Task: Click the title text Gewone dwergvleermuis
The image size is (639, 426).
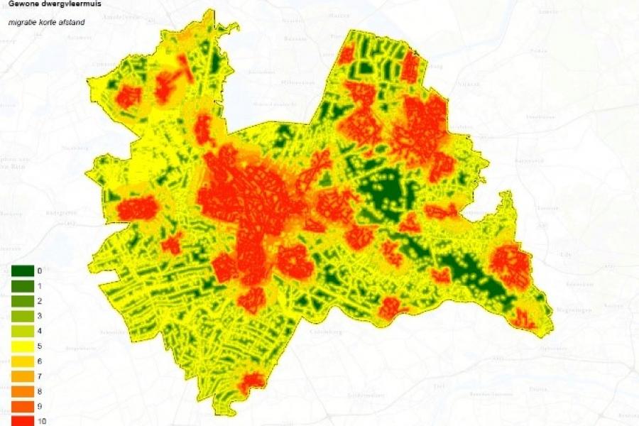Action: [50, 4]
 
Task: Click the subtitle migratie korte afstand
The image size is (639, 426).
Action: [46, 22]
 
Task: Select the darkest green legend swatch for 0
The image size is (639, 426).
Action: [21, 271]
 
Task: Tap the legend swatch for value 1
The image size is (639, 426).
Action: [21, 285]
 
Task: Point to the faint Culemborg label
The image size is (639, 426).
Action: [327, 332]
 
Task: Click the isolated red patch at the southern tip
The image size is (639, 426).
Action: [251, 383]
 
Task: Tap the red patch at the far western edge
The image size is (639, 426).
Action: [136, 209]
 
